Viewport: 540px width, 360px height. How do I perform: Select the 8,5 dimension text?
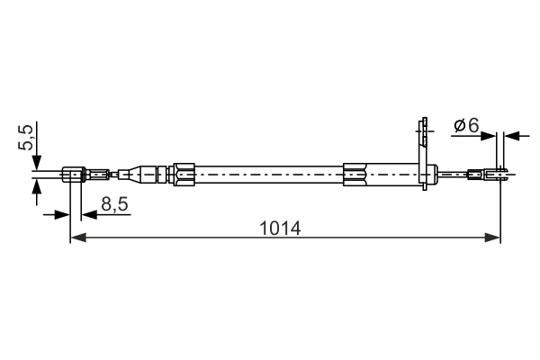(114, 204)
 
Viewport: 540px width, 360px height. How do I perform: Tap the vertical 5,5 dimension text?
(28, 138)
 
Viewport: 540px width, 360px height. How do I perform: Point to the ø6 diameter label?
(465, 126)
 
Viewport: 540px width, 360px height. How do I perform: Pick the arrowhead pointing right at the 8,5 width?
(62, 214)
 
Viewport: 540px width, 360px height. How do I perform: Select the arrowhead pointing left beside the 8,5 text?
(88, 214)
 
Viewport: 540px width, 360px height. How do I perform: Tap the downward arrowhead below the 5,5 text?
(37, 162)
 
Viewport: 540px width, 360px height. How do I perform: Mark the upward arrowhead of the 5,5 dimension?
(37, 184)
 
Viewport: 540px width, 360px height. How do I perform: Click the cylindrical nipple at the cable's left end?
(75, 174)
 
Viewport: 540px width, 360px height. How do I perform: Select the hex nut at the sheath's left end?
(184, 173)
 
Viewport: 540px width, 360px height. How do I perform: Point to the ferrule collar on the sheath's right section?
(356, 173)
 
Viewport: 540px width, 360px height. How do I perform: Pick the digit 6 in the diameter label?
(472, 126)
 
